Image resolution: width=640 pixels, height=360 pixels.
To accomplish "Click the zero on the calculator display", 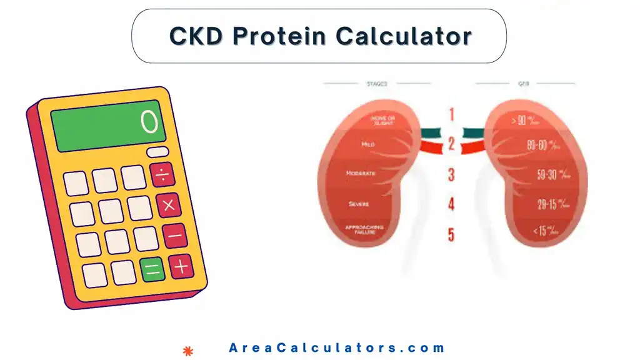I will [x=149, y=122].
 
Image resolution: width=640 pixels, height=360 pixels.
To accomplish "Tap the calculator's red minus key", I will [x=176, y=236].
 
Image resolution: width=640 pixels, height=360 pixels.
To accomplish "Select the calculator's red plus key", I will [x=181, y=267].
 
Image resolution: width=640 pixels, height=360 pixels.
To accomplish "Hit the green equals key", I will [x=153, y=270].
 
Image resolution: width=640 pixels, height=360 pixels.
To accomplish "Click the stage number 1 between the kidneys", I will [x=451, y=114].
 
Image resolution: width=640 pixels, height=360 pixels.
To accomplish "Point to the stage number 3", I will [x=451, y=174].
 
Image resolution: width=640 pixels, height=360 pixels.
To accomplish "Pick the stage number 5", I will [x=451, y=236].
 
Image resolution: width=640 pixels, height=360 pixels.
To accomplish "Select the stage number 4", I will [x=451, y=204].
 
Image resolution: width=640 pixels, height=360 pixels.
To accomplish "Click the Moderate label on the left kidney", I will [x=361, y=172].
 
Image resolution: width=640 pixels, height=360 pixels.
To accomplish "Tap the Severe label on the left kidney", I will [x=359, y=204].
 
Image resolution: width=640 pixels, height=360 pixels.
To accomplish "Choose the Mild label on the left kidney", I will [x=368, y=144].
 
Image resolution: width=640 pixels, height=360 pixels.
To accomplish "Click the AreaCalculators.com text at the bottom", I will [x=337, y=348].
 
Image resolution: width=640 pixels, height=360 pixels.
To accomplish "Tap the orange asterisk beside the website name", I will [x=186, y=349].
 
